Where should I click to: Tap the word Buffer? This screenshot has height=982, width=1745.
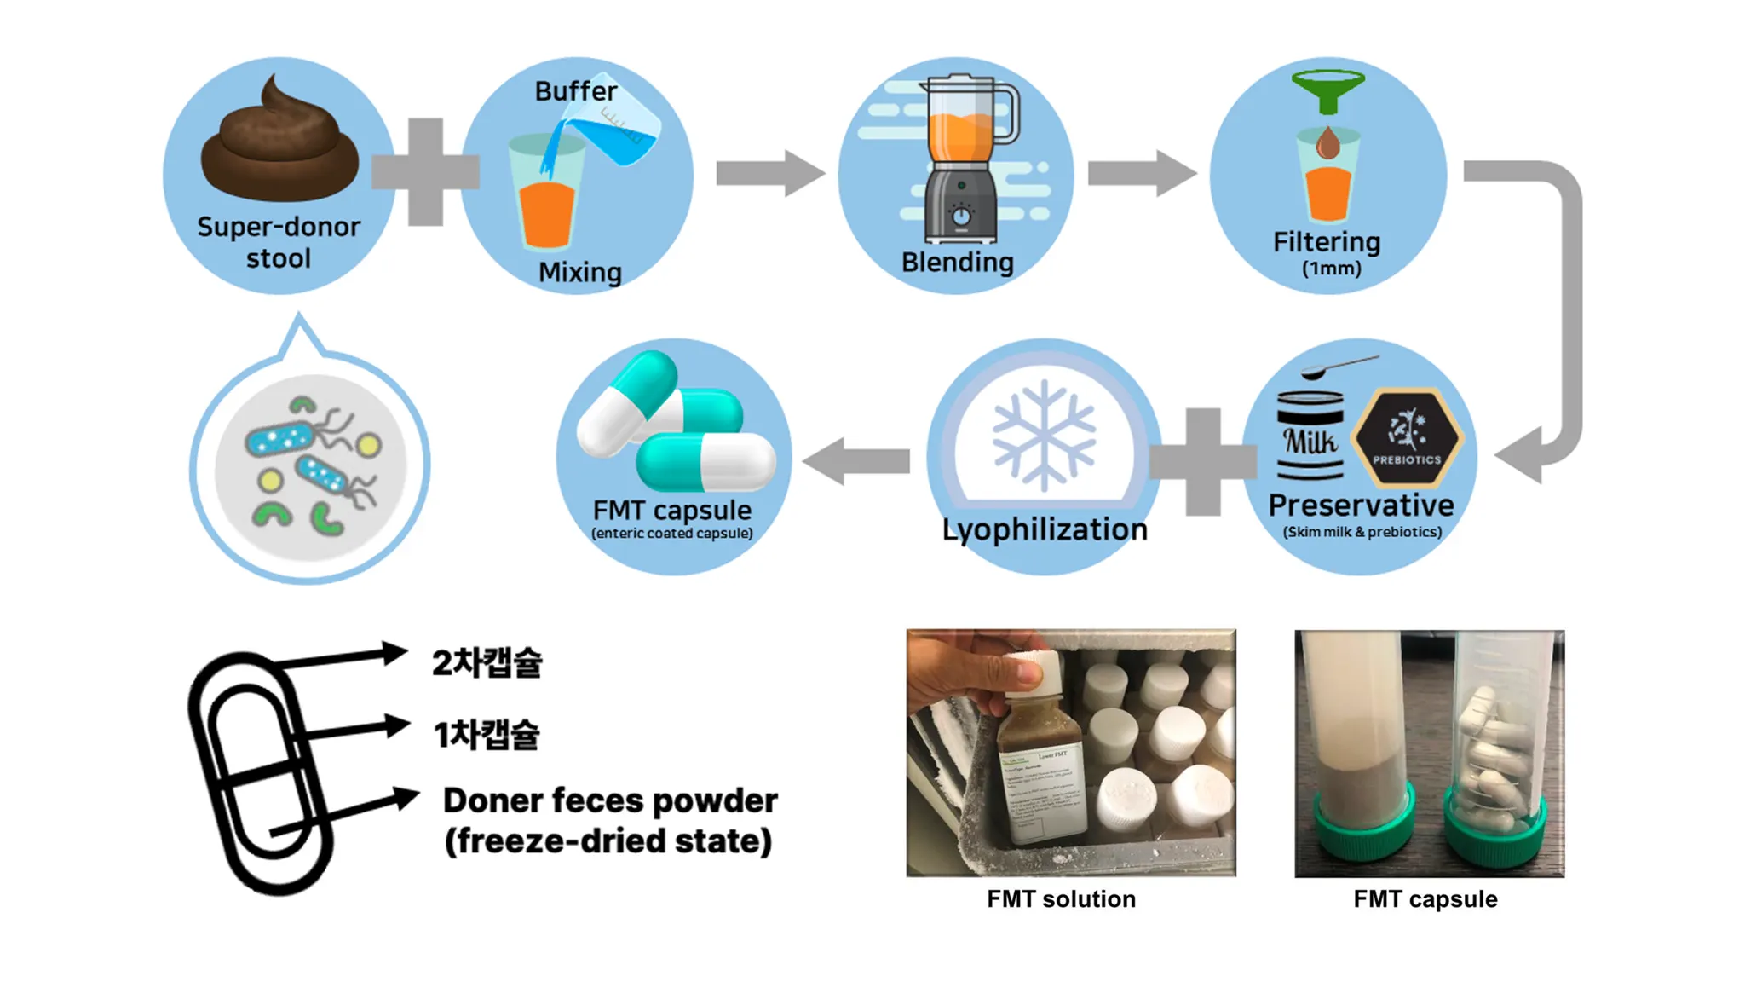click(x=575, y=91)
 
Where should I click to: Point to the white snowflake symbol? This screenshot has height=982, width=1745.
click(x=1043, y=436)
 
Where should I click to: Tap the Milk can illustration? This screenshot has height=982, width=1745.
click(x=1310, y=436)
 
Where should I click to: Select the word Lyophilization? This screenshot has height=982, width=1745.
click(x=1045, y=529)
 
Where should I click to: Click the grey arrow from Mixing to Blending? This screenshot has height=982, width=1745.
click(x=769, y=174)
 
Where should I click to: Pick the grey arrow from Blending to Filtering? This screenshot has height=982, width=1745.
click(x=1141, y=173)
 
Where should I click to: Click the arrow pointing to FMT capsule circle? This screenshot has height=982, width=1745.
click(x=855, y=461)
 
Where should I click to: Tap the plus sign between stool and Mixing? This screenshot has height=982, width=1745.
click(x=425, y=172)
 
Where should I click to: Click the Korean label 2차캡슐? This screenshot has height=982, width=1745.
click(x=487, y=662)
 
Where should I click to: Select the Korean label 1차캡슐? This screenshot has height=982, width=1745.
click(x=487, y=734)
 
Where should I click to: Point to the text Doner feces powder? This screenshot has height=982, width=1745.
click(x=610, y=800)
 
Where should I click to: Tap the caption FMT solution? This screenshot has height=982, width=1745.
click(x=1061, y=899)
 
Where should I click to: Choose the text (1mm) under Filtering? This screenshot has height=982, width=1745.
click(x=1331, y=269)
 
